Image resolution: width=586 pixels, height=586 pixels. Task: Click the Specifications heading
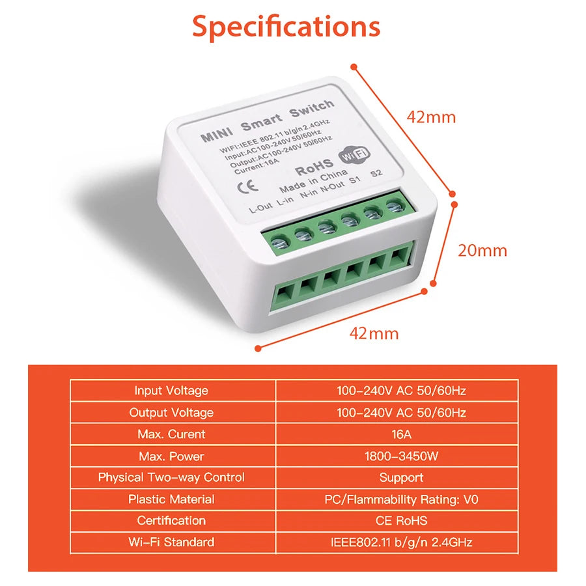point(286,27)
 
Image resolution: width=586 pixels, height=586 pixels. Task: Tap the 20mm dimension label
point(482,250)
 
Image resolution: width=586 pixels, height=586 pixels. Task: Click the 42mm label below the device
point(374,333)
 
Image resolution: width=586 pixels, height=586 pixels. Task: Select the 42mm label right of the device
point(431,117)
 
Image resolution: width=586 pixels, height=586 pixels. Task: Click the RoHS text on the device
point(314,167)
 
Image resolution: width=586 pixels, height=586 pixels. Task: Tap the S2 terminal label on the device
point(375,174)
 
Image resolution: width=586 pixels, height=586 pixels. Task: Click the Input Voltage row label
point(171,391)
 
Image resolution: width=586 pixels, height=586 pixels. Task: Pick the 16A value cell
point(401,434)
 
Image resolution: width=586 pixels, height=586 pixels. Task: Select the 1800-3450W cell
point(401,456)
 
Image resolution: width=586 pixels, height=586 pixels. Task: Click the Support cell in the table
point(401,477)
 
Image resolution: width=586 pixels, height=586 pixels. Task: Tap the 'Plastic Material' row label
point(171,499)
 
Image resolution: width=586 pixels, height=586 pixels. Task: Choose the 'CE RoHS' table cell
point(401,521)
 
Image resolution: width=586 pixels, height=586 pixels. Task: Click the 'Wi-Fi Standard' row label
point(171,542)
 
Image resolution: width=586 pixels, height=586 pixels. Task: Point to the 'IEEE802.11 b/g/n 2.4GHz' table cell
point(401,542)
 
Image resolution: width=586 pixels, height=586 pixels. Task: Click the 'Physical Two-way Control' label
point(171,477)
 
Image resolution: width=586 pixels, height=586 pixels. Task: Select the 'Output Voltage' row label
point(171,412)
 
